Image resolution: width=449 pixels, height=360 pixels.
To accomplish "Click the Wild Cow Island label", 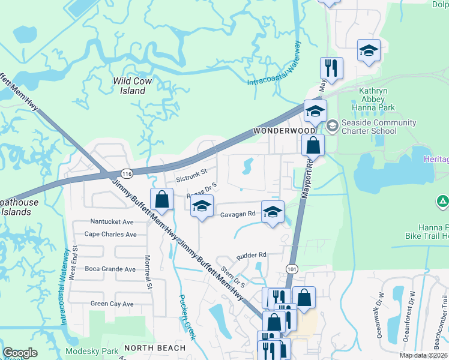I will pyautogui.click(x=129, y=85).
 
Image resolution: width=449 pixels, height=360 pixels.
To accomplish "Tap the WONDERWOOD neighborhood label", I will pyautogui.click(x=276, y=130).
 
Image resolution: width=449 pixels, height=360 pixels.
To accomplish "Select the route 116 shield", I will pyautogui.click(x=126, y=173).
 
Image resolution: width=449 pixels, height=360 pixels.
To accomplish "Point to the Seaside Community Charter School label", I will pyautogui.click(x=378, y=127).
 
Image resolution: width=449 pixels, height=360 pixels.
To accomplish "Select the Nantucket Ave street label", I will pyautogui.click(x=112, y=221).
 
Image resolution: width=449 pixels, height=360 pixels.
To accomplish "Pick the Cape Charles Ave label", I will pyautogui.click(x=110, y=235).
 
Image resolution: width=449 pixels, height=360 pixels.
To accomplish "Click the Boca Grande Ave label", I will pyautogui.click(x=110, y=269).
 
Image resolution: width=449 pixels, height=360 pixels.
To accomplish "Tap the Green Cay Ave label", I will pyautogui.click(x=111, y=304).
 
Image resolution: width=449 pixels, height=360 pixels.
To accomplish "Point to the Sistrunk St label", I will pyautogui.click(x=191, y=178).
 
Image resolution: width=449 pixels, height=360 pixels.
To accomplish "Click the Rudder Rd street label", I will pyautogui.click(x=251, y=255).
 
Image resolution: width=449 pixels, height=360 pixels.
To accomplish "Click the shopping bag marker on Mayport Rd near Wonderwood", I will pyautogui.click(x=313, y=145).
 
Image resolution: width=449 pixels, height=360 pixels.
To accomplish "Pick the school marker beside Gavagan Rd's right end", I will pyautogui.click(x=273, y=212).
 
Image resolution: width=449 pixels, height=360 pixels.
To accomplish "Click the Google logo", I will pyautogui.click(x=20, y=353).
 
